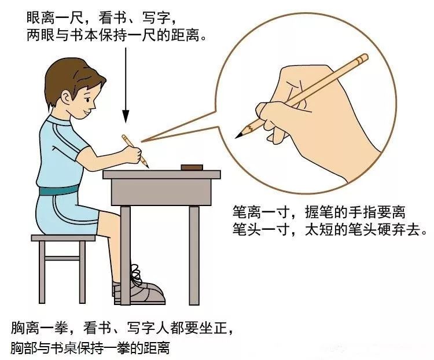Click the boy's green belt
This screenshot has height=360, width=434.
[58, 189]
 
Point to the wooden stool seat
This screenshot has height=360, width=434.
[63, 238]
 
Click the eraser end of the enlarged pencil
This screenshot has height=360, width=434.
[363, 58]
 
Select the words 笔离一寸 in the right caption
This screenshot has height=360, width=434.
[253, 214]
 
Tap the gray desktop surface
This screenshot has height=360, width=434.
[161, 174]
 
